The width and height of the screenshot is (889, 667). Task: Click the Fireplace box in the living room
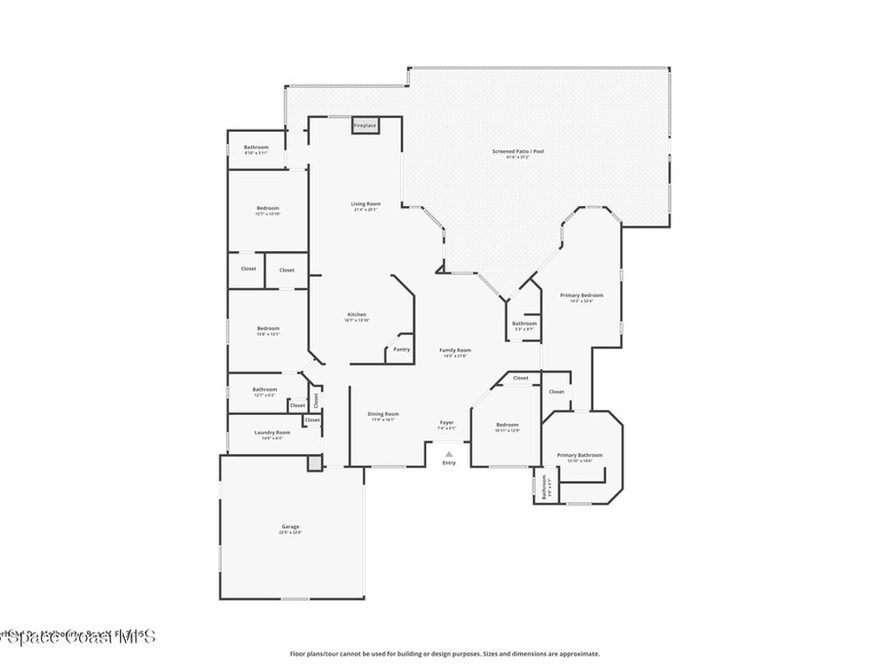click(365, 126)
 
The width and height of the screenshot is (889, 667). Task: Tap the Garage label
click(290, 526)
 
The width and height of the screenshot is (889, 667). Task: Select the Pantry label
click(401, 349)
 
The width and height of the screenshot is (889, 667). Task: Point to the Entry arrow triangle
click(449, 453)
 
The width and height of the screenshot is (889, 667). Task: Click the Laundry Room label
click(272, 433)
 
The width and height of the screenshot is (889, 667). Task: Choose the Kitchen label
click(357, 314)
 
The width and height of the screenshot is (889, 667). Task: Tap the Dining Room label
click(383, 413)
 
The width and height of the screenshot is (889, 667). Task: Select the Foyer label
click(446, 422)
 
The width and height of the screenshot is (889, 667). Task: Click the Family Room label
click(455, 350)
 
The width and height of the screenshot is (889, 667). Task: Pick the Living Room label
click(365, 203)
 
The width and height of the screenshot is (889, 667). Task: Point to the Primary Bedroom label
click(581, 295)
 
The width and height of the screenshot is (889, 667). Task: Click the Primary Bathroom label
click(579, 455)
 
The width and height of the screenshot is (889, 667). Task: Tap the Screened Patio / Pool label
click(518, 151)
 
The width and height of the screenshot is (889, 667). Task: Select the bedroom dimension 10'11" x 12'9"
click(507, 431)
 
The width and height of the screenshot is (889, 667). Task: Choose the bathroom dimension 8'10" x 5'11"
click(256, 154)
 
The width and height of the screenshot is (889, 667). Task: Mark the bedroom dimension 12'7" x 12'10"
click(267, 215)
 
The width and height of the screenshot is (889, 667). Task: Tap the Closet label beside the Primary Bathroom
click(556, 392)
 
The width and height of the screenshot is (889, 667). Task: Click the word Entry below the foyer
click(449, 463)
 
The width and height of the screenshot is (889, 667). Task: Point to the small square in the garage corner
click(314, 463)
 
